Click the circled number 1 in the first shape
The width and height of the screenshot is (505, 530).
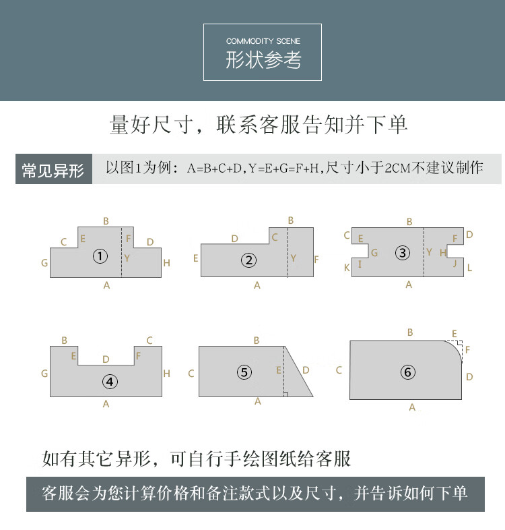(x=100, y=256)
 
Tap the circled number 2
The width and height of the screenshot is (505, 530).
(x=248, y=260)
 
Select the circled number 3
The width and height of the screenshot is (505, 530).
(x=403, y=253)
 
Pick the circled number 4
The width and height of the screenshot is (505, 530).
(x=110, y=382)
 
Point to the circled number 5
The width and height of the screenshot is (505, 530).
(x=244, y=372)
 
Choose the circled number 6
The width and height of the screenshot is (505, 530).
(x=408, y=372)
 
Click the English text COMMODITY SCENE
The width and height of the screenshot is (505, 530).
(x=263, y=41)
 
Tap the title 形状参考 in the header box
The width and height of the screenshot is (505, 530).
(x=263, y=60)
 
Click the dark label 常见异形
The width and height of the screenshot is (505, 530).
(x=53, y=170)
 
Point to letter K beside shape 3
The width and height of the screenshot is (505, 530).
(x=347, y=268)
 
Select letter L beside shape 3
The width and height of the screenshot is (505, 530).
(x=469, y=268)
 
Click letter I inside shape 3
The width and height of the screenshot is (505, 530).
(x=360, y=264)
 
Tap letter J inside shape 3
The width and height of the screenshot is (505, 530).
(x=454, y=263)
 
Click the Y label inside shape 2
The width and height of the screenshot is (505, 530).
(x=293, y=258)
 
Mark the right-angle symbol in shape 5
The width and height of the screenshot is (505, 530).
(x=285, y=394)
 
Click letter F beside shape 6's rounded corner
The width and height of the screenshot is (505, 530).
(x=467, y=349)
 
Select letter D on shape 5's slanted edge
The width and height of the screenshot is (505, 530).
(x=306, y=370)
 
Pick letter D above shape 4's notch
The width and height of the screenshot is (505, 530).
(x=106, y=359)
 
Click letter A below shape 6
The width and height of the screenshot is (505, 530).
(x=412, y=407)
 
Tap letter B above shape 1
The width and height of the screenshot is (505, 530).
(x=106, y=221)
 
